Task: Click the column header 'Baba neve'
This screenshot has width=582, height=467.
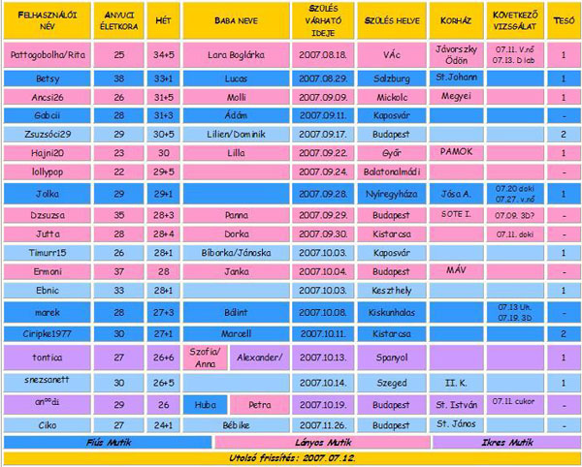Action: click(x=236, y=20)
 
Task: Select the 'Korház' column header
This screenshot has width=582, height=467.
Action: click(x=454, y=20)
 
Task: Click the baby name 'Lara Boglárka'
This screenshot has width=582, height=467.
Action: click(x=236, y=54)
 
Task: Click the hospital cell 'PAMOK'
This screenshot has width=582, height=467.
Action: click(x=454, y=152)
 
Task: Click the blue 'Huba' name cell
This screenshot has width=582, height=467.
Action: click(x=205, y=403)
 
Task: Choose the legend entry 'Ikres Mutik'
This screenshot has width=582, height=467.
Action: click(x=506, y=442)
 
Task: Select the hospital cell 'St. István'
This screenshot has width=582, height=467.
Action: click(x=454, y=403)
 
